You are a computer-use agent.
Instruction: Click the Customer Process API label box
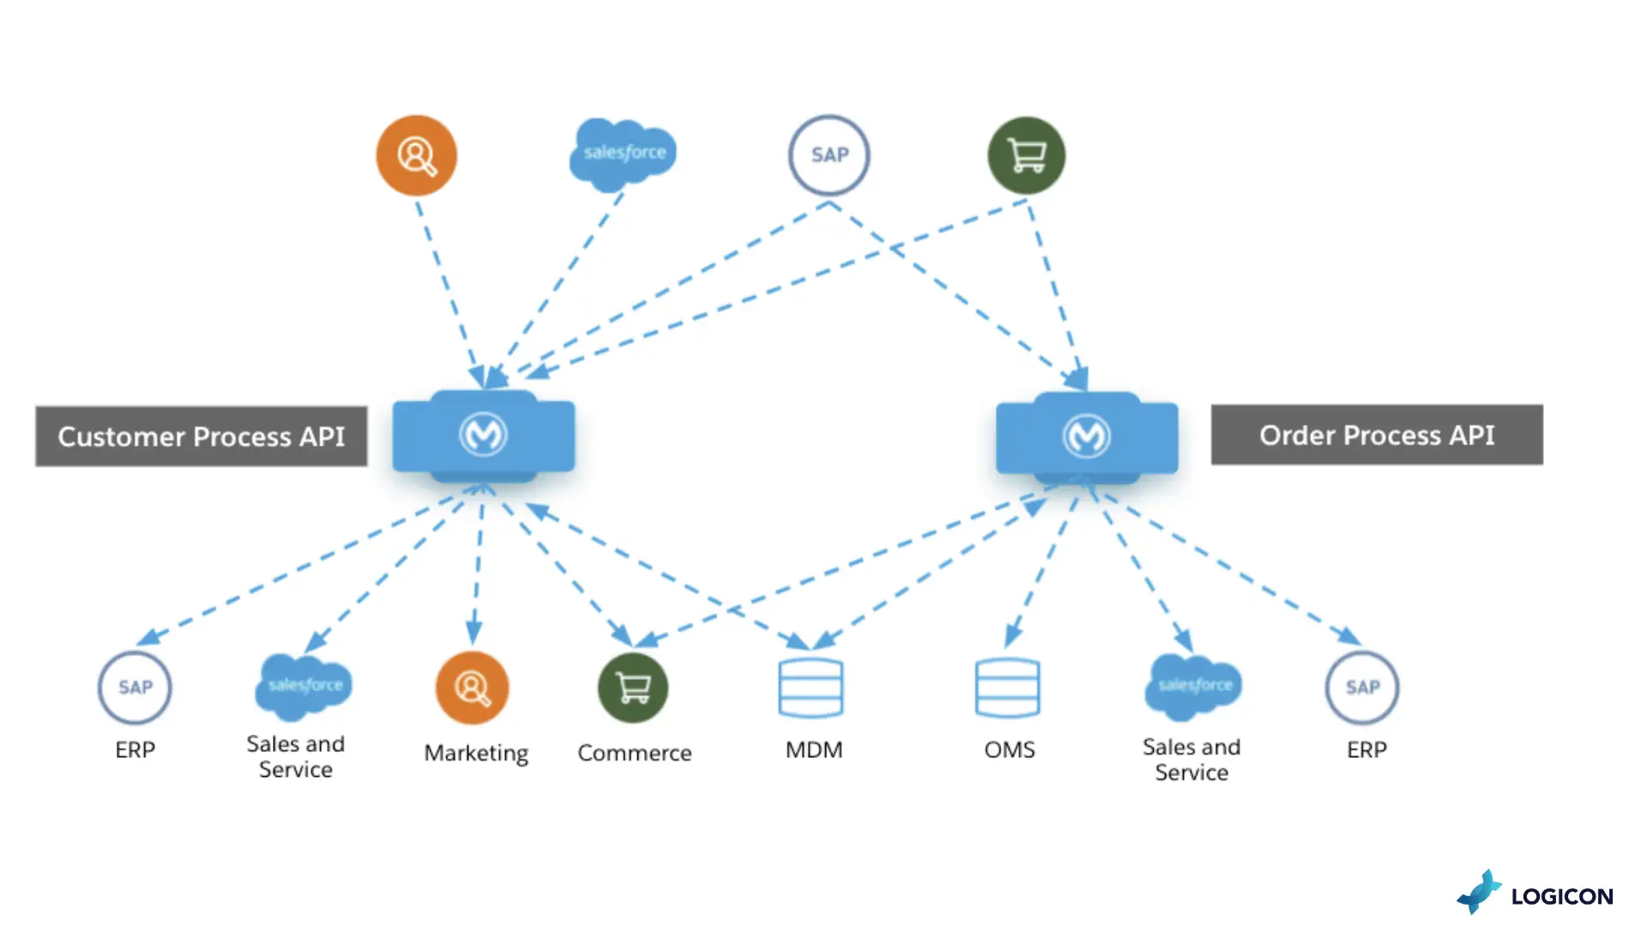coord(202,437)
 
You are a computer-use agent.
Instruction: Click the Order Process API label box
coord(1377,435)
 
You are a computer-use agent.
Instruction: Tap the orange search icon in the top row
coord(417,155)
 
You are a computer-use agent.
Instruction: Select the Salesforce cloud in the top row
coord(624,154)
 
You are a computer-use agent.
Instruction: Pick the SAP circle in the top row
coord(830,155)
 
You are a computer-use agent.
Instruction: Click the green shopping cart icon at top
coord(1027,155)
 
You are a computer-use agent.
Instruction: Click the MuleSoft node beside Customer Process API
coord(484,435)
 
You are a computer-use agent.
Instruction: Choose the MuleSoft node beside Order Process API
coord(1087,435)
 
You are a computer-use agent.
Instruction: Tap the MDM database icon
coord(811,688)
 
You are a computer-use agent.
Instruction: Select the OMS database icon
coord(1008,688)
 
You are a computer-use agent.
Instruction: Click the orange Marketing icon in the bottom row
coord(473,688)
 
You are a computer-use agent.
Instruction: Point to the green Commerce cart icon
coord(633,688)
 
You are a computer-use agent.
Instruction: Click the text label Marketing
coord(476,753)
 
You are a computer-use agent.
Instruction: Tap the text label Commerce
coord(635,753)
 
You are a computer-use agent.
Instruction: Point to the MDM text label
coord(814,749)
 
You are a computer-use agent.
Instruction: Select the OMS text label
coord(1010,749)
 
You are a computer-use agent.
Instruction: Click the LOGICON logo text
coord(1562,897)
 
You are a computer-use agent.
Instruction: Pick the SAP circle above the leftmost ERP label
coord(135,688)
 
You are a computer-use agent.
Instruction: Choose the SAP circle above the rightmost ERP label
coord(1362,688)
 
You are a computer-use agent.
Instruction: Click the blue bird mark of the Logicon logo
coord(1480,893)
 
